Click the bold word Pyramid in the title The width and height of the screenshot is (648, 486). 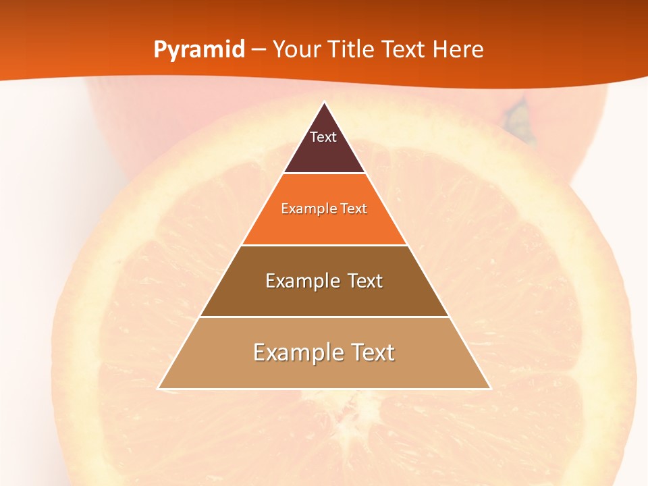click(199, 49)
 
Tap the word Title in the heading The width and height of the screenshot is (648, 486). click(352, 49)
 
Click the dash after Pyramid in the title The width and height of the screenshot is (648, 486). click(259, 50)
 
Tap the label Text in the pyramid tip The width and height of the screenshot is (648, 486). click(323, 137)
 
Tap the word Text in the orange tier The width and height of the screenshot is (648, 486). click(354, 209)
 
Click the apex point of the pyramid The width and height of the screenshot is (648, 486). click(325, 103)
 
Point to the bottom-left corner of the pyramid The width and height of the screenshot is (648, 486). click(159, 388)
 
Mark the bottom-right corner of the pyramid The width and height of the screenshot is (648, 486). click(490, 388)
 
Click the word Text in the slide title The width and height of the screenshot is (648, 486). click(404, 49)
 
